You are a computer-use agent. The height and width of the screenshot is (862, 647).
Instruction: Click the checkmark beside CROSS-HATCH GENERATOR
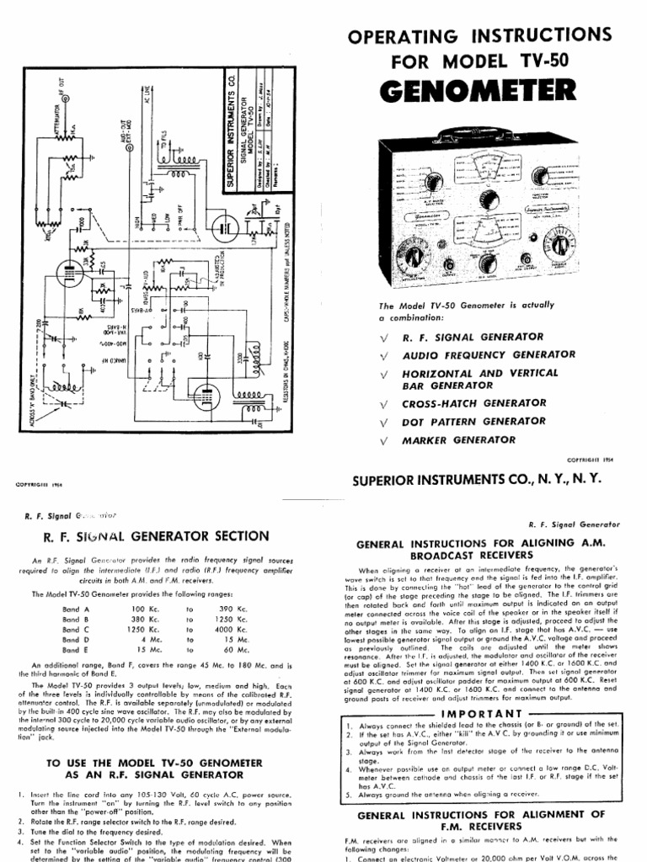point(384,403)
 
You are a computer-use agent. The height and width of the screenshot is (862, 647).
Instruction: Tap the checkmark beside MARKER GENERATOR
point(384,439)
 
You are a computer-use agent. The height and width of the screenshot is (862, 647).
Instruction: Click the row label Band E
point(75,650)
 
